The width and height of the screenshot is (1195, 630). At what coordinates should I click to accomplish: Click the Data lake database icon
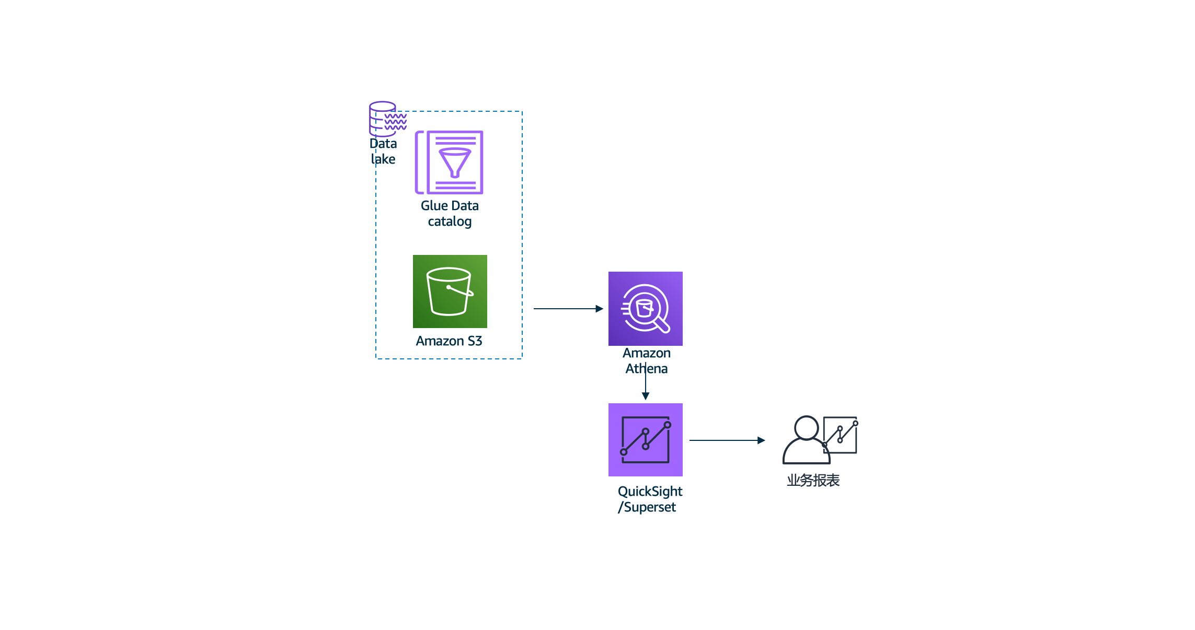click(x=387, y=119)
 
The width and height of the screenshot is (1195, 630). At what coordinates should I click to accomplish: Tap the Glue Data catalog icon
click(x=449, y=162)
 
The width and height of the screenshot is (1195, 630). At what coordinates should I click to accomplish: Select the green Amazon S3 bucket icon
click(x=450, y=291)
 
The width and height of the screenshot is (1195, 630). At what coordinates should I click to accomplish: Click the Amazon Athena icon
click(x=645, y=309)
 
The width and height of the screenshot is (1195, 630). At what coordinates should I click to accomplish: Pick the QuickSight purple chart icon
click(x=645, y=440)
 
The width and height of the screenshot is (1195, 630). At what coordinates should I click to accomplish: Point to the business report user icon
click(x=819, y=440)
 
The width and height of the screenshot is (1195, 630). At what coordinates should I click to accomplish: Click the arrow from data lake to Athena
click(x=568, y=309)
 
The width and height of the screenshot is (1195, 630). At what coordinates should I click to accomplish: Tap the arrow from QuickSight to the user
click(x=727, y=440)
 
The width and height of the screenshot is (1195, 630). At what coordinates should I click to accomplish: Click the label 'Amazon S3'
click(x=449, y=341)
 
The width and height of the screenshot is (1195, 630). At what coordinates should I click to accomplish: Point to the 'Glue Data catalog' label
click(x=450, y=214)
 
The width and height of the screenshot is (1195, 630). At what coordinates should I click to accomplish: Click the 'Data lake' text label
click(x=383, y=151)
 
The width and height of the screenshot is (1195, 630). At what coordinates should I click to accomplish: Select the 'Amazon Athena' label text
click(x=647, y=361)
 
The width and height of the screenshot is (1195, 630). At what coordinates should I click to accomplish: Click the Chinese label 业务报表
click(x=813, y=481)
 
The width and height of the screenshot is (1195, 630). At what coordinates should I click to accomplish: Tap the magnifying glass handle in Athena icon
click(x=662, y=325)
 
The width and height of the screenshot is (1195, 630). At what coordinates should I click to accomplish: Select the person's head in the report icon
click(x=806, y=428)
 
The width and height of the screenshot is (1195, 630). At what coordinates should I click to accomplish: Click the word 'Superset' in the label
click(x=650, y=507)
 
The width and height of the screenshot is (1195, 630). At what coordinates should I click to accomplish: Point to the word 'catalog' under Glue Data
click(x=450, y=221)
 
